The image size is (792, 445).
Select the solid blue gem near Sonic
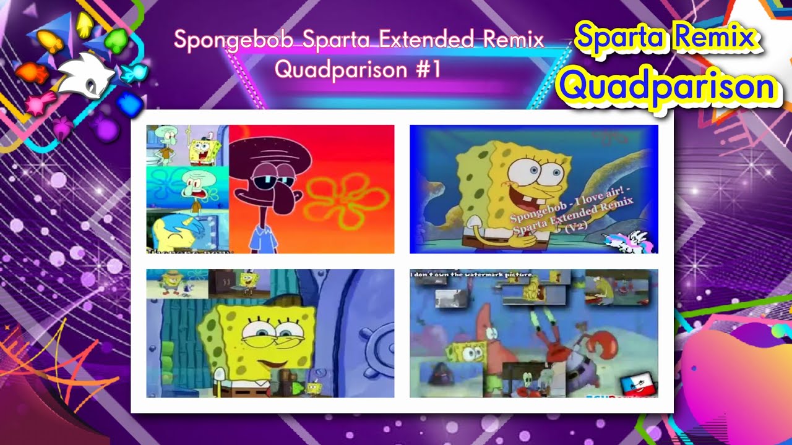tap(129, 104)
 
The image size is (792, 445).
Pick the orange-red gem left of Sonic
tap(32, 74)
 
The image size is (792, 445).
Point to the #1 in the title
tap(428, 69)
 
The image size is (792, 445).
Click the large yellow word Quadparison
tap(665, 87)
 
